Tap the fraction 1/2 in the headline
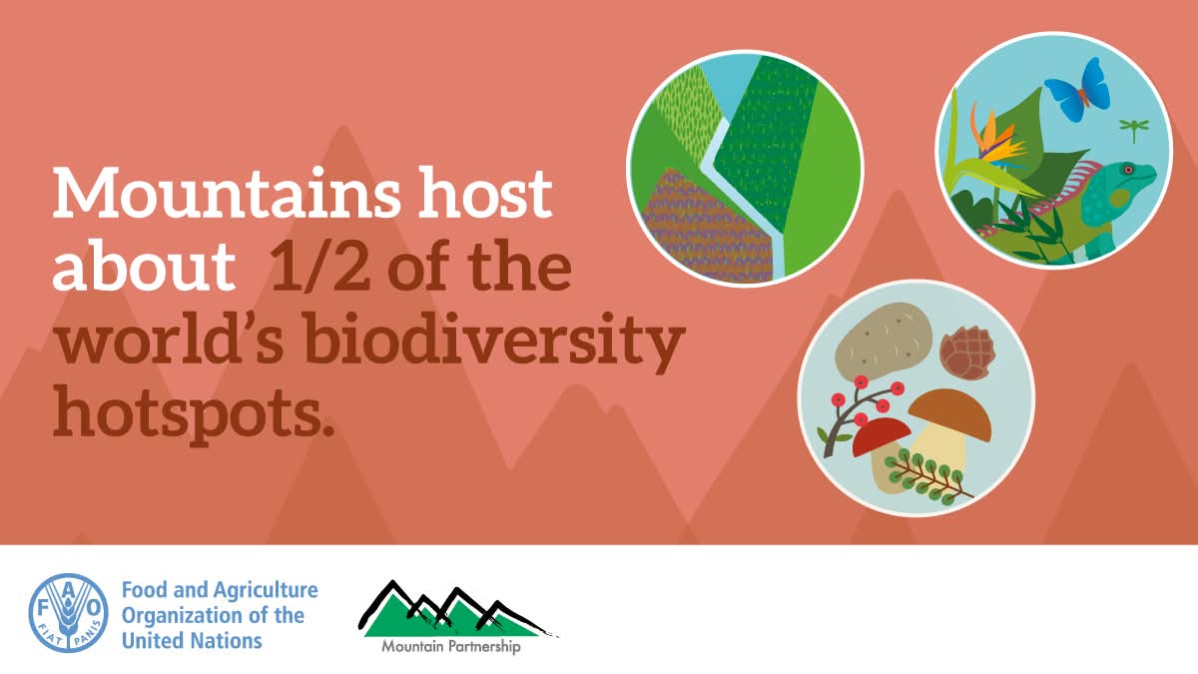pyautogui.click(x=319, y=265)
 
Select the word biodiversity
pyautogui.click(x=496, y=340)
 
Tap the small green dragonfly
pyautogui.click(x=1134, y=129)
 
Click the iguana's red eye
pyautogui.click(x=1128, y=170)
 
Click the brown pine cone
pyautogui.click(x=967, y=353)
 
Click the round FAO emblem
pyautogui.click(x=68, y=613)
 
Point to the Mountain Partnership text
pyautogui.click(x=450, y=647)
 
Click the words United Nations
pyautogui.click(x=192, y=640)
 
